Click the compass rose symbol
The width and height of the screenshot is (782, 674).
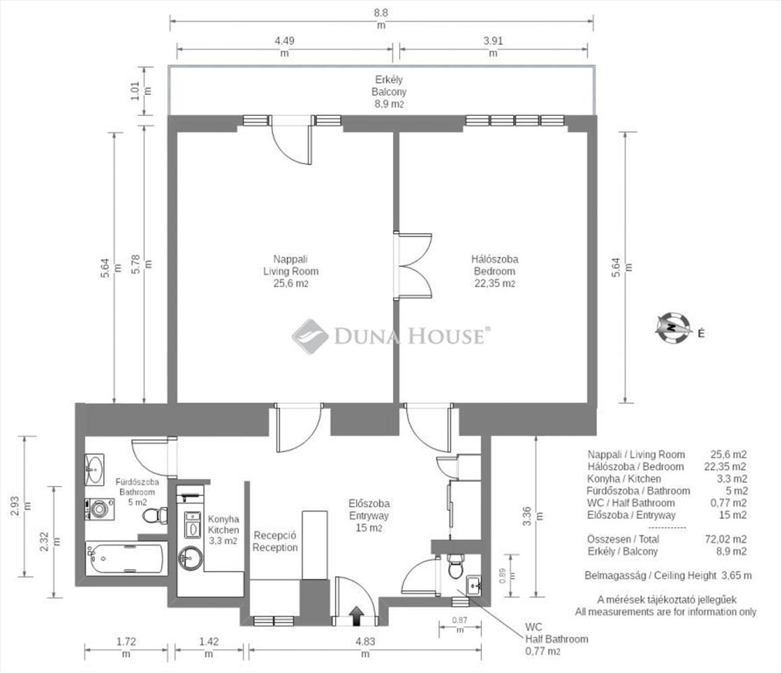tap(673, 328)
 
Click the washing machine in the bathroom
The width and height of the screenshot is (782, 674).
tap(98, 509)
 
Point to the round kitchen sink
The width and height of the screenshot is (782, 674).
tap(191, 558)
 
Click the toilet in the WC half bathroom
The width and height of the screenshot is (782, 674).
tap(455, 566)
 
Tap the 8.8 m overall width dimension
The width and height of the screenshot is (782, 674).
tap(381, 19)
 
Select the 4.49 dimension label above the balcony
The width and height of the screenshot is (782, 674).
tap(284, 47)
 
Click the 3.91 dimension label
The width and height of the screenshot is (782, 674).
tap(493, 47)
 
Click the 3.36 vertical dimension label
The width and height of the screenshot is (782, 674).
tap(532, 516)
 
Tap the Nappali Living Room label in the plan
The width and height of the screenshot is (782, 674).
tap(291, 271)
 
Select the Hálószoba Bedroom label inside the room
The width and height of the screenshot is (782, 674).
tap(495, 271)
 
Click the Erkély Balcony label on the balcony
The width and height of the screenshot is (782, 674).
tap(389, 92)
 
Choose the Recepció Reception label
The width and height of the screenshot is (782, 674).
tap(275, 541)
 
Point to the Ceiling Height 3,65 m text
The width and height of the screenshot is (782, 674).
tap(668, 576)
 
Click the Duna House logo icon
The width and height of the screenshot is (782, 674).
tap(310, 336)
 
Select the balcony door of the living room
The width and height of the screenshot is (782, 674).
tap(291, 140)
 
